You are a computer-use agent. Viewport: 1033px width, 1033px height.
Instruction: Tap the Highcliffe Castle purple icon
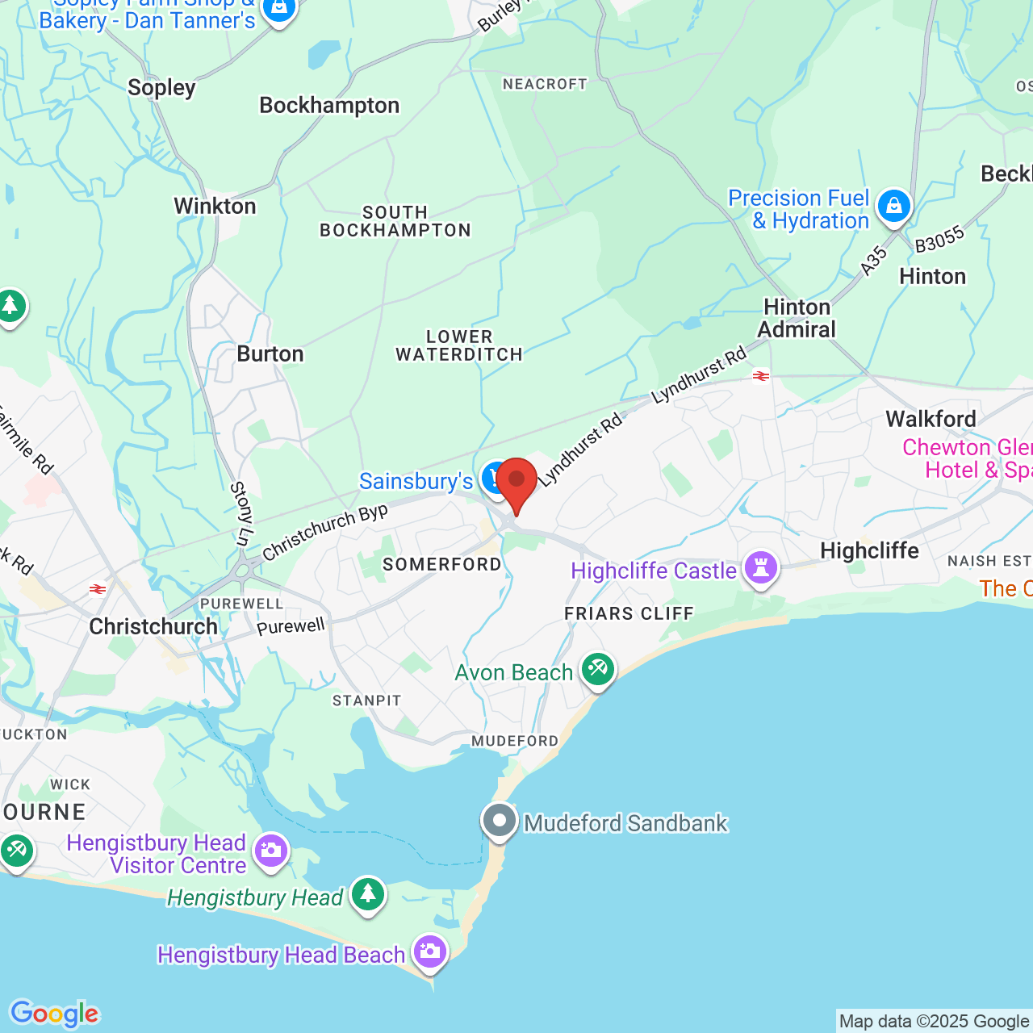pos(761,568)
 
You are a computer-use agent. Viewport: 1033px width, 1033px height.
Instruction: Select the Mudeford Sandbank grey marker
pos(500,822)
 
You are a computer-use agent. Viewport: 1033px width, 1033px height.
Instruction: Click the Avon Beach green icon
pos(598,669)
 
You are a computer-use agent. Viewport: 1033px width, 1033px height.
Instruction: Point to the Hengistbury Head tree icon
pos(368,894)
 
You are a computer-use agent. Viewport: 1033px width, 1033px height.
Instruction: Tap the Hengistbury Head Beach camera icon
pos(430,953)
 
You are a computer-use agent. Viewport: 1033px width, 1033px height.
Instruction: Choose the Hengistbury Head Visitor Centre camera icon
pos(271,851)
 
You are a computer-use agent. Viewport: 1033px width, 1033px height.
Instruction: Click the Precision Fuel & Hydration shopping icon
pos(894,206)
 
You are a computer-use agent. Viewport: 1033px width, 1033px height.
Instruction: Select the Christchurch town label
pos(153,626)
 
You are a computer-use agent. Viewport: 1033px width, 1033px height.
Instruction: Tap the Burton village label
pos(270,353)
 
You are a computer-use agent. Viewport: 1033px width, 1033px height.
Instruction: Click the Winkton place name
pos(215,206)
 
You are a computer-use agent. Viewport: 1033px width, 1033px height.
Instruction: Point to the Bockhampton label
pos(329,105)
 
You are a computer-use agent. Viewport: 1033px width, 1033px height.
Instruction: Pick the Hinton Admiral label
pos(797,318)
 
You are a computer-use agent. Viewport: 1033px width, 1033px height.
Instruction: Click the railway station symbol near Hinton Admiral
pos(761,376)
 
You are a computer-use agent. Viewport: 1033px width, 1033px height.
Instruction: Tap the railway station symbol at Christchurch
pos(98,589)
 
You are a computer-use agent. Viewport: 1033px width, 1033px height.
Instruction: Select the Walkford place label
pos(931,419)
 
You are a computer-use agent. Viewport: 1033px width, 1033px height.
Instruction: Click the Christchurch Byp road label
pos(325,531)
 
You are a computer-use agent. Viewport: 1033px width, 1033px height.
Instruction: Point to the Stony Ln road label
pos(241,513)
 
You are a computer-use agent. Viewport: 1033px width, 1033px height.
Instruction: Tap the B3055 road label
pos(939,239)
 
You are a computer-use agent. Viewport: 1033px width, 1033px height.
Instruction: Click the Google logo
pos(55,1014)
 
